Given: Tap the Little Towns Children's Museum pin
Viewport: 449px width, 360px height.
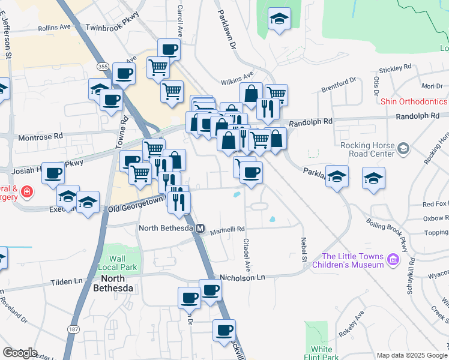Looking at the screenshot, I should pos(393,259).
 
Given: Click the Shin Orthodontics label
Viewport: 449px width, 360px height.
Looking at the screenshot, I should pos(414,101).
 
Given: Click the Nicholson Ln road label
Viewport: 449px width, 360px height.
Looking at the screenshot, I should pos(243,277).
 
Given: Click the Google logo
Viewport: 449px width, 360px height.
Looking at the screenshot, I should pos(20,353).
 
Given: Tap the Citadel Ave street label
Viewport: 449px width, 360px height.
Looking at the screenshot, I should pos(246,253).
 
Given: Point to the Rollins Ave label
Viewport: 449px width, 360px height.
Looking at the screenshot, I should pos(54,28).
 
